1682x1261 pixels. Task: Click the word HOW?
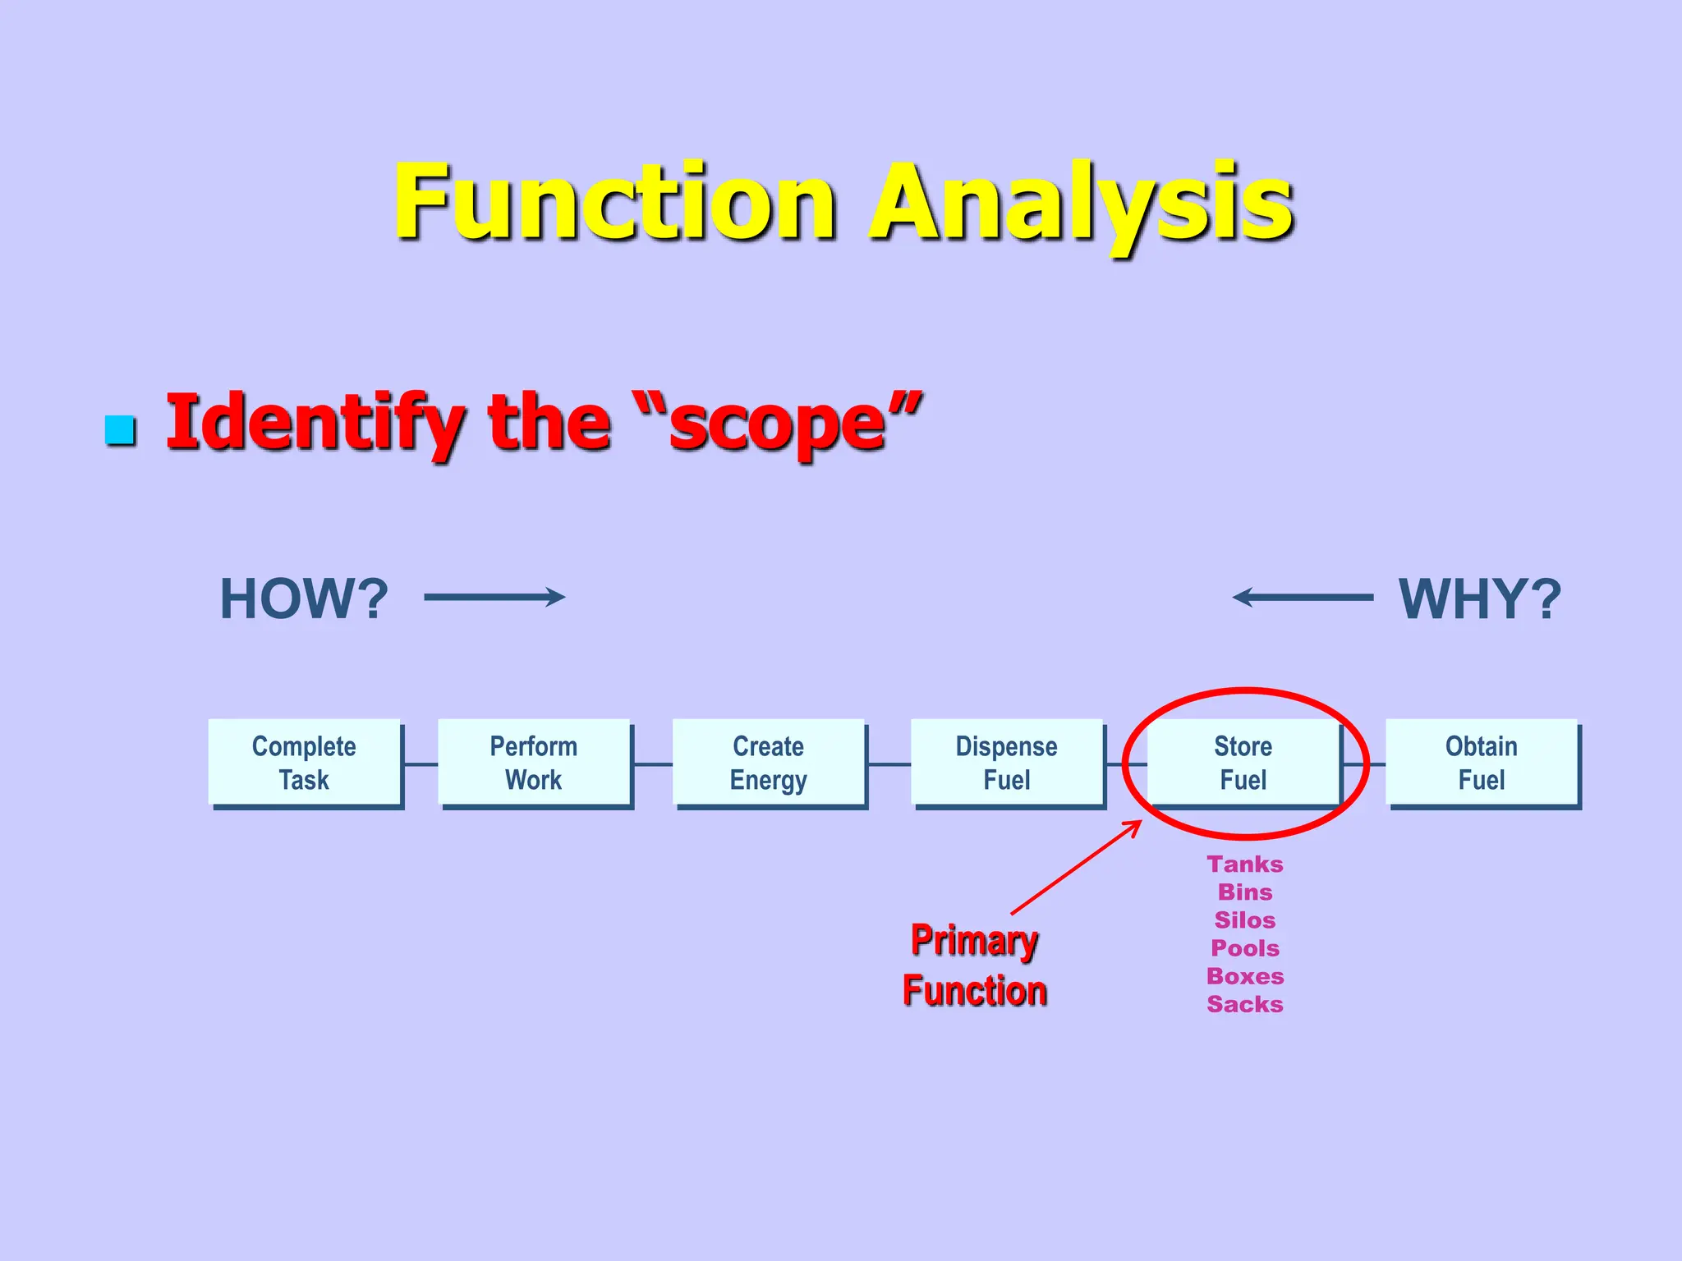coord(304,598)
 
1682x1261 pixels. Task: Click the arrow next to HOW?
coord(494,597)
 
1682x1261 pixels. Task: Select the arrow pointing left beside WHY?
coord(1303,597)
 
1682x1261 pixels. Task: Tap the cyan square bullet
coord(121,430)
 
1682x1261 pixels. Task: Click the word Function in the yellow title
coord(615,203)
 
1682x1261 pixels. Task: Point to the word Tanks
coord(1245,864)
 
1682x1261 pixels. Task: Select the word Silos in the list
coord(1245,919)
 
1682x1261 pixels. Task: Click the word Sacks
coord(1245,1004)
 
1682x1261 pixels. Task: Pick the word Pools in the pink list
coord(1245,948)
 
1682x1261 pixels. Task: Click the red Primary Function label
coord(974,965)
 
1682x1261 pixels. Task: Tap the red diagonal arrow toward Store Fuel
coord(1076,867)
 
